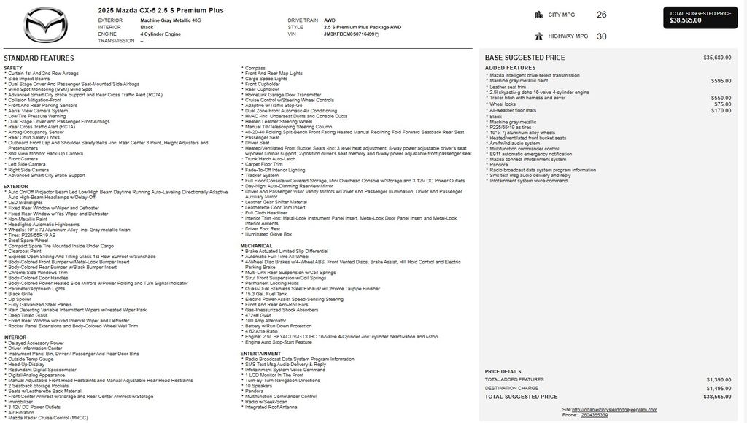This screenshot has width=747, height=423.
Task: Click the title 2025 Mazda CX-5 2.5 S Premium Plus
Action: click(x=160, y=10)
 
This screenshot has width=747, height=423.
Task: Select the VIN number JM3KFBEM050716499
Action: click(x=349, y=34)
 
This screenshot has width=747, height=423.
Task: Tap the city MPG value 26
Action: click(x=601, y=15)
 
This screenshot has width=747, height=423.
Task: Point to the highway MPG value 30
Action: click(x=601, y=36)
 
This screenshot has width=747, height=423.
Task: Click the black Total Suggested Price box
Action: click(x=700, y=17)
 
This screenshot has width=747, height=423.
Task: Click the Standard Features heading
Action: click(x=39, y=58)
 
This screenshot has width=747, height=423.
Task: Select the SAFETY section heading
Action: click(x=13, y=68)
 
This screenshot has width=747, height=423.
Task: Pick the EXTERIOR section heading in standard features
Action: click(x=16, y=187)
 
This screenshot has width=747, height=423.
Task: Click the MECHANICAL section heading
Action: click(x=257, y=246)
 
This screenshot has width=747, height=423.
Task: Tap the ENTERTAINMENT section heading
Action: click(x=260, y=353)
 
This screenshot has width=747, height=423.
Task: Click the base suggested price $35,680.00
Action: click(x=717, y=57)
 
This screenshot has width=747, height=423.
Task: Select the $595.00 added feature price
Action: click(x=721, y=81)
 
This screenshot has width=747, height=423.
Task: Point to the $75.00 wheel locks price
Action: click(x=723, y=104)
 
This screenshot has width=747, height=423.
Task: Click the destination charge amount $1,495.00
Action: click(x=719, y=388)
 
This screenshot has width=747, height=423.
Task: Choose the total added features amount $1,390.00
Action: click(x=719, y=379)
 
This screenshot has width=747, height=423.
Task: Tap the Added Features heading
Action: click(x=510, y=68)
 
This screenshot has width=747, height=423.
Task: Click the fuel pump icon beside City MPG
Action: click(x=539, y=15)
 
